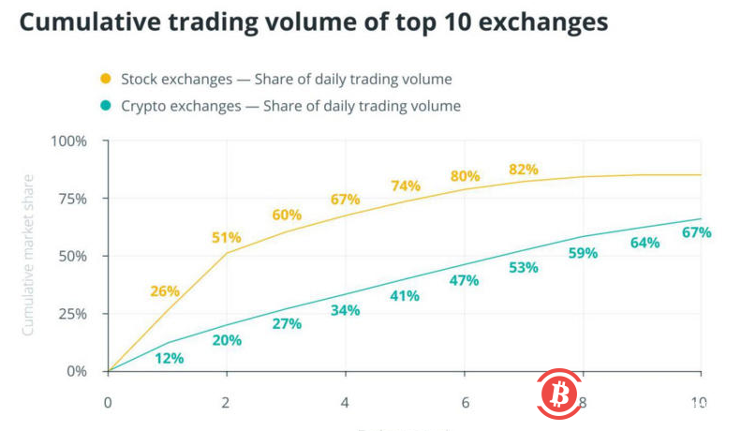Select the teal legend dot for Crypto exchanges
pyautogui.click(x=105, y=106)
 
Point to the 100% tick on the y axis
pyautogui.click(x=67, y=141)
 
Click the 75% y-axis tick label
pyautogui.click(x=70, y=199)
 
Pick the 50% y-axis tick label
pyautogui.click(x=70, y=256)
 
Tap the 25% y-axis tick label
pyautogui.click(x=70, y=313)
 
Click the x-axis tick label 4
pyautogui.click(x=346, y=403)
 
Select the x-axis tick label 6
pyautogui.click(x=465, y=403)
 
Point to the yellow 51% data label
pyautogui.click(x=226, y=237)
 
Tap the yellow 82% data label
pyautogui.click(x=523, y=169)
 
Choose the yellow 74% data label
pyautogui.click(x=405, y=186)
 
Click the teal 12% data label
pyautogui.click(x=169, y=357)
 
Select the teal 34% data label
pyautogui.click(x=346, y=310)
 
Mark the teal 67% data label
pyautogui.click(x=696, y=231)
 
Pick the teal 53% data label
pyautogui.click(x=523, y=268)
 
